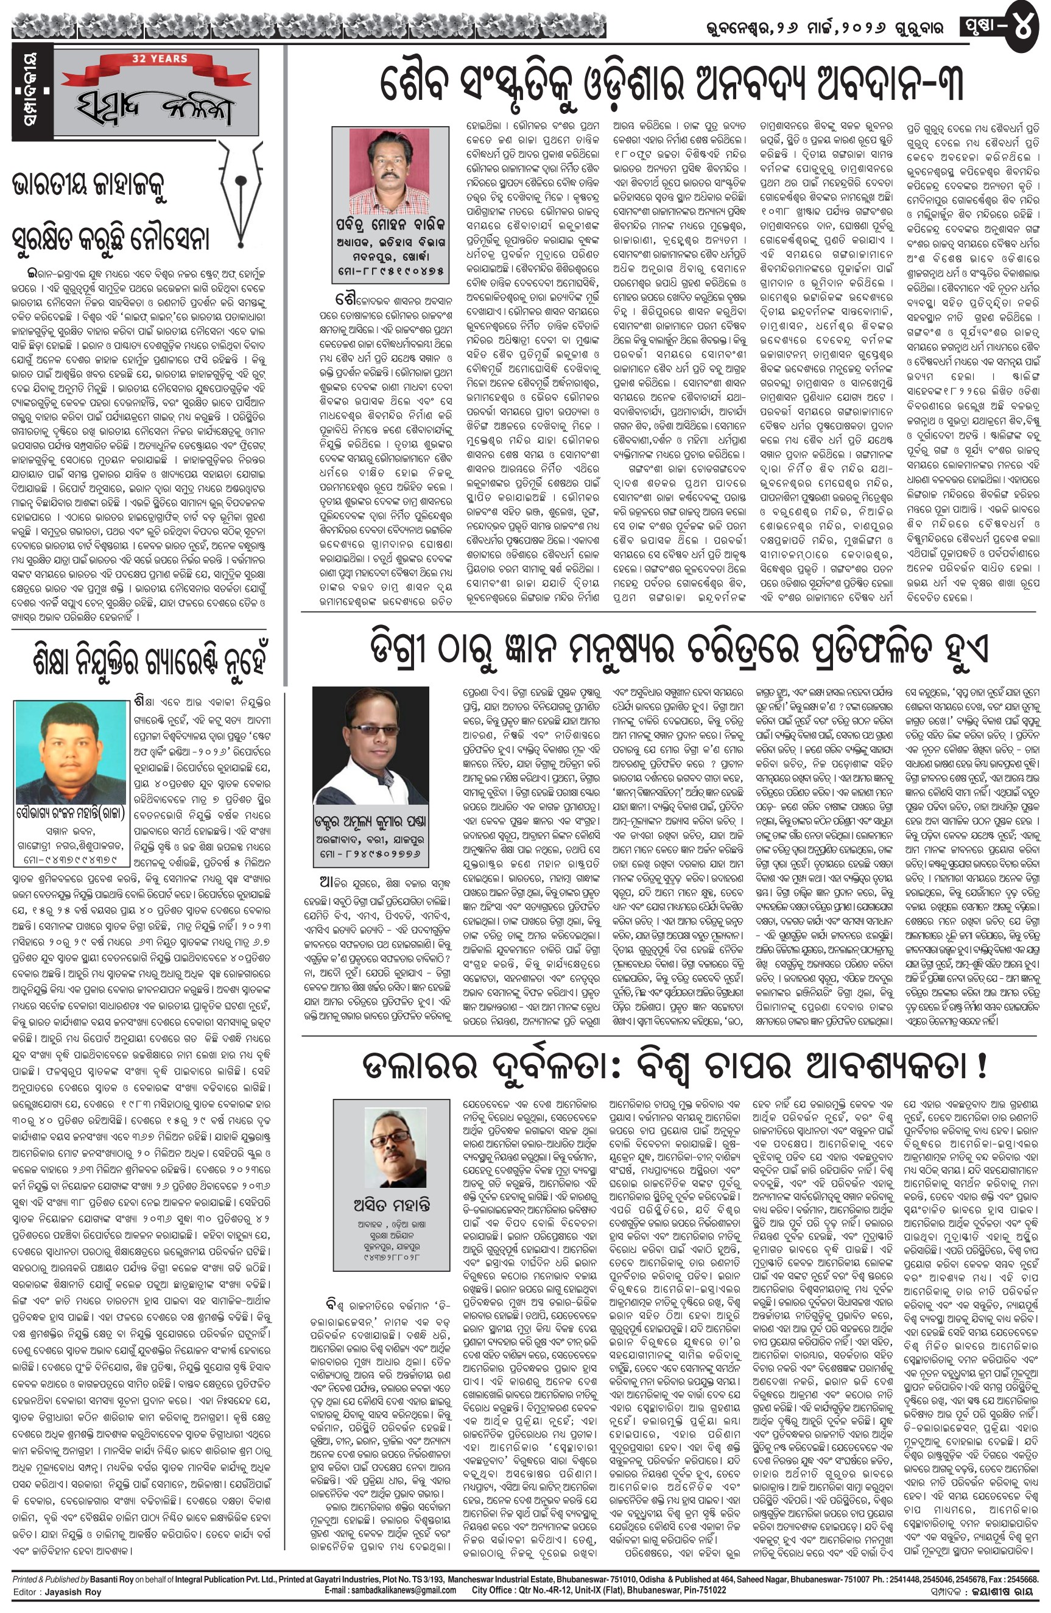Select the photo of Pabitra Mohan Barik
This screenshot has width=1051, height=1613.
(x=390, y=171)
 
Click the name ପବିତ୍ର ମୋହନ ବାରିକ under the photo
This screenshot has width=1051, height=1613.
(x=390, y=225)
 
